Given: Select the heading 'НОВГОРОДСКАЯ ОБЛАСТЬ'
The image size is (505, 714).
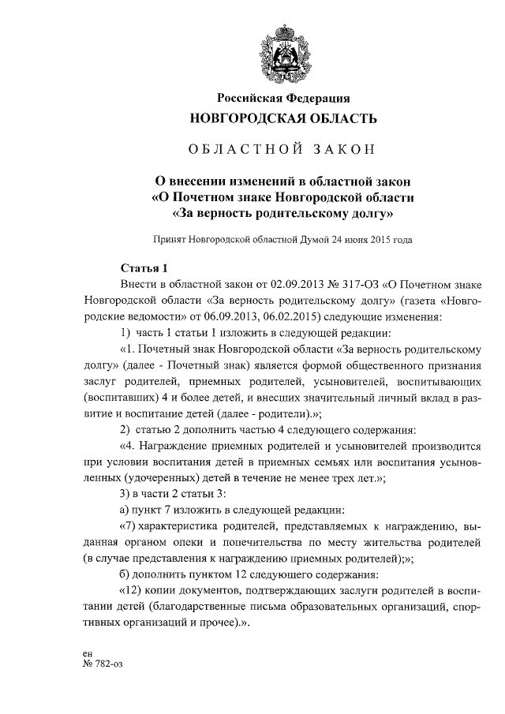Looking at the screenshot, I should coord(282,119).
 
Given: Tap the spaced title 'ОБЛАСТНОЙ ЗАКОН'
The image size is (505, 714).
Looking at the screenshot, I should coord(282,150).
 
